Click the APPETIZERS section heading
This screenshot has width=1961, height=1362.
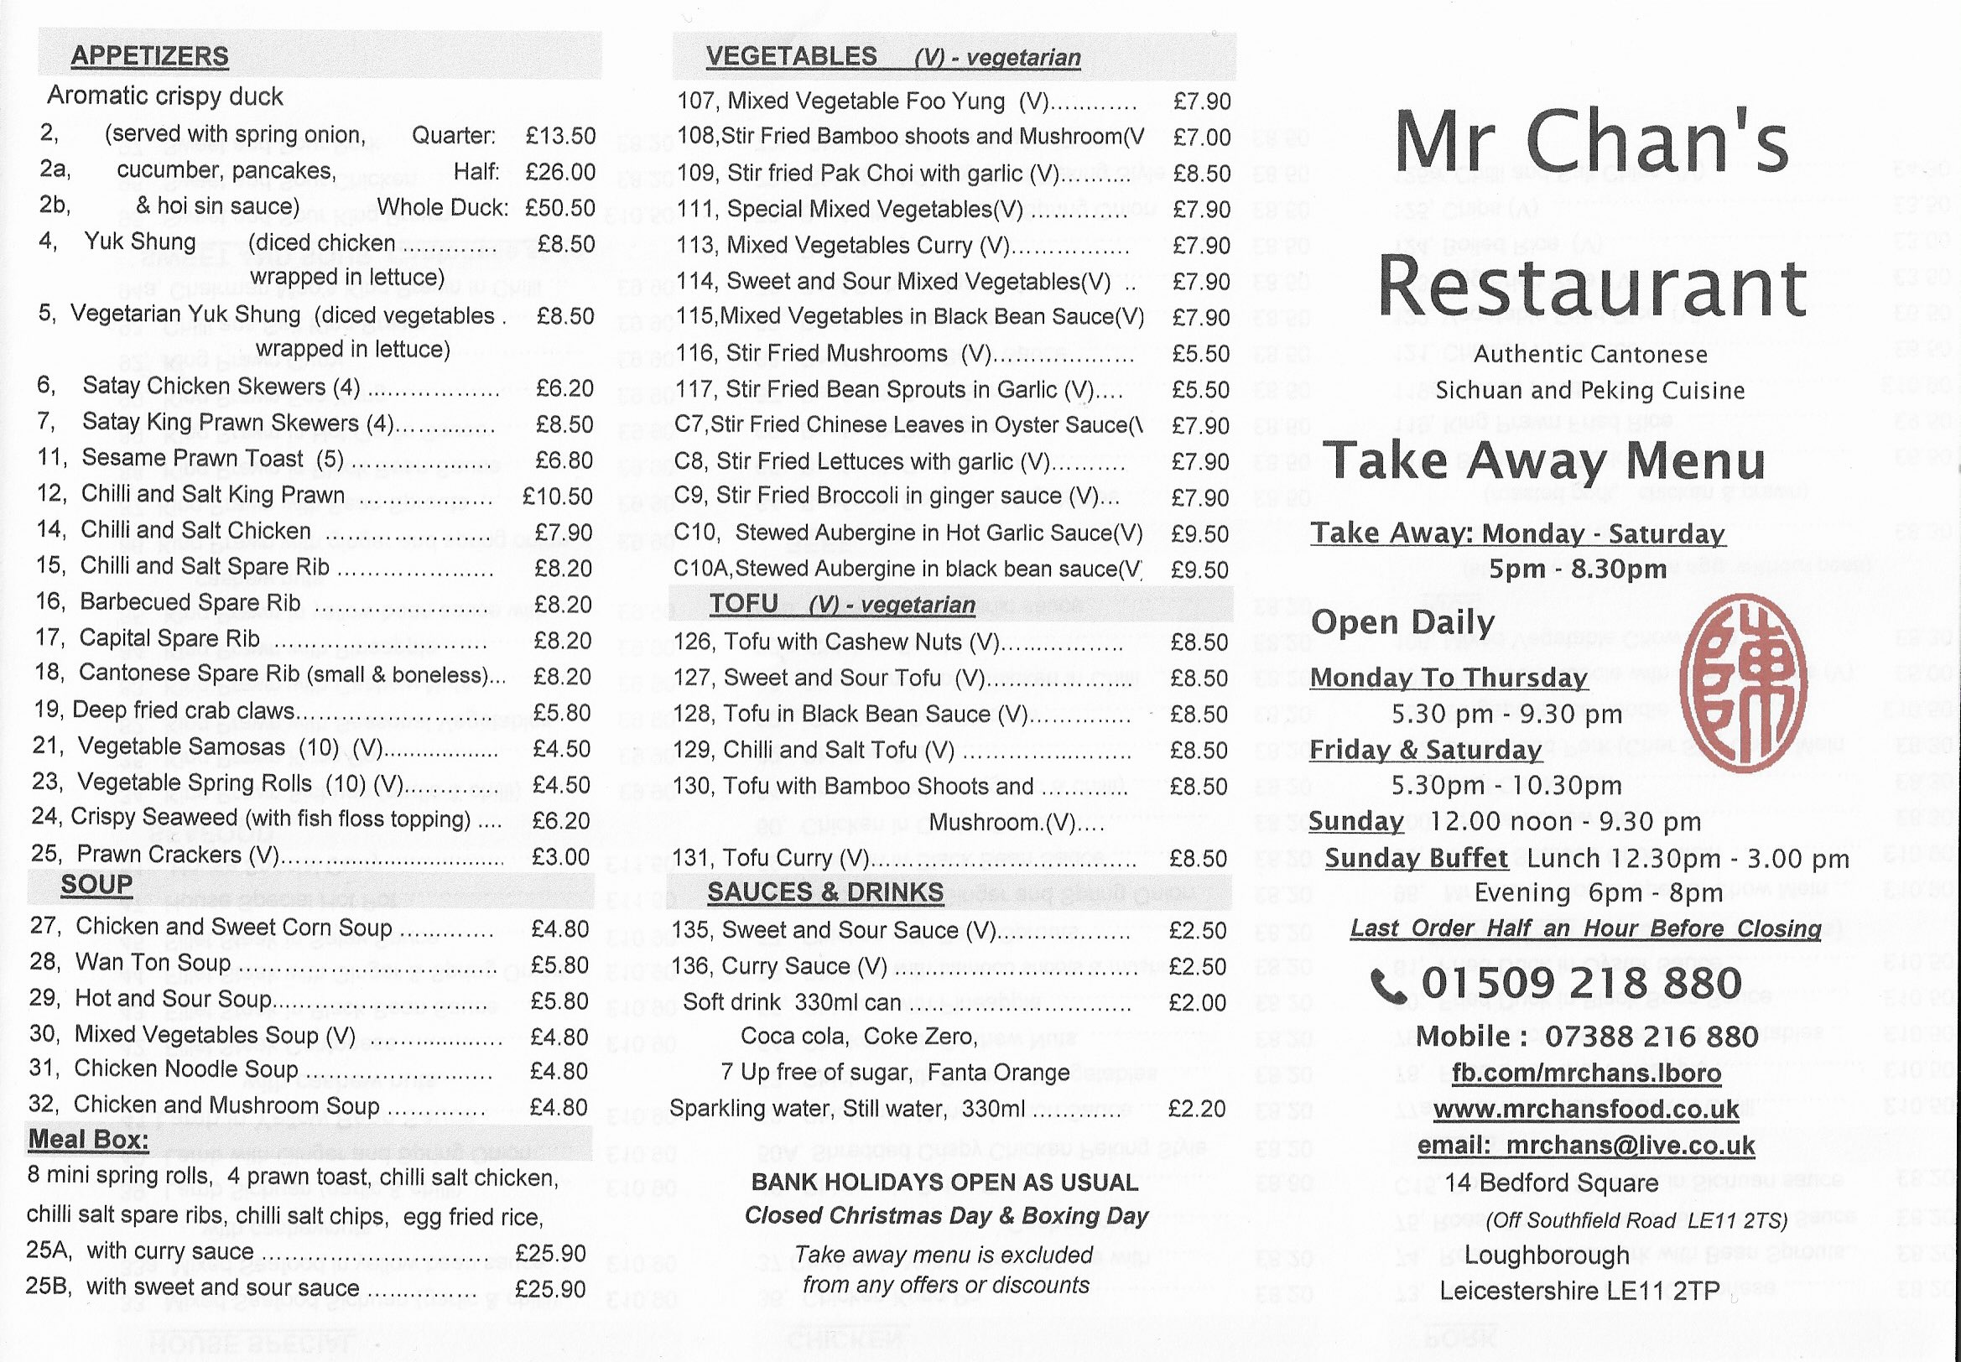point(149,56)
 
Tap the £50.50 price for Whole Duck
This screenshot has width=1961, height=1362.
point(559,207)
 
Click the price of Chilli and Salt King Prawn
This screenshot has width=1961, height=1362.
point(557,496)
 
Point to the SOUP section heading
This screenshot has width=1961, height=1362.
point(96,884)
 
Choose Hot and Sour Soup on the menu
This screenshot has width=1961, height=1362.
point(173,999)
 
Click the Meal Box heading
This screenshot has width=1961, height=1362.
point(88,1139)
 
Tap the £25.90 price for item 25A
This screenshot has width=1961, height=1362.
point(550,1253)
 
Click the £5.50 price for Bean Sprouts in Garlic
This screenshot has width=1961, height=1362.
point(1200,390)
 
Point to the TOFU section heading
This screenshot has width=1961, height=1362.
point(743,604)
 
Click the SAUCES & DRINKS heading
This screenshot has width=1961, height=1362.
point(825,892)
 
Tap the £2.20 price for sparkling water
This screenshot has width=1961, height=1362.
point(1196,1109)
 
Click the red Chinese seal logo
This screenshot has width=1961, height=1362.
point(1743,682)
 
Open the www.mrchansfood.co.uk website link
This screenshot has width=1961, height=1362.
point(1585,1109)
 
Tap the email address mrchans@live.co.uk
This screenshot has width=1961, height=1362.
point(1630,1146)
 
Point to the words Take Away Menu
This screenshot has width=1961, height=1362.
point(1545,460)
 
